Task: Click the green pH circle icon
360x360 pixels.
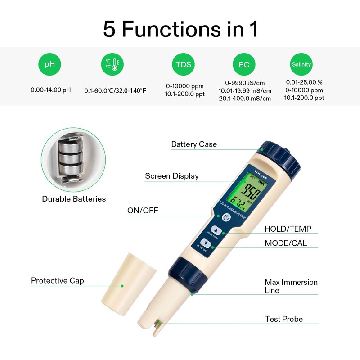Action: tap(49, 64)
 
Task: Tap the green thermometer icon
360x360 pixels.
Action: tap(112, 64)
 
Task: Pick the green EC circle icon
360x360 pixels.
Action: tap(244, 65)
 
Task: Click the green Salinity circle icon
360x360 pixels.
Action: tap(301, 64)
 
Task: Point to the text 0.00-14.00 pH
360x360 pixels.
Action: tap(51, 90)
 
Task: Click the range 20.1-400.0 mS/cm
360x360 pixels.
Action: tap(245, 99)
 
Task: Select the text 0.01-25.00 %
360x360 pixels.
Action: tap(304, 82)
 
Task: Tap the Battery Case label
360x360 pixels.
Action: tap(194, 144)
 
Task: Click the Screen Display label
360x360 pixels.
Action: tap(171, 176)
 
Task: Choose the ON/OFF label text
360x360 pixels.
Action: tap(143, 210)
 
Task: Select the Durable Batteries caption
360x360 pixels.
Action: tap(74, 198)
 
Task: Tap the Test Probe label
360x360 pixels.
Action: tap(283, 319)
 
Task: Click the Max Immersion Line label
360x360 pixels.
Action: tap(291, 286)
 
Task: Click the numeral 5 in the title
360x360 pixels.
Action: tap(109, 29)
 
